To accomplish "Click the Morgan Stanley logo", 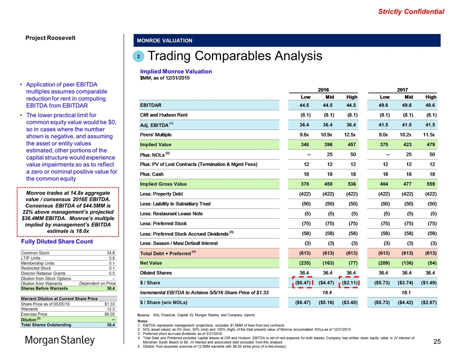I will pos(60,340).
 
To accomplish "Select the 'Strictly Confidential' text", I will pos(411,11).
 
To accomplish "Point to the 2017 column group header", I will pos(402,89).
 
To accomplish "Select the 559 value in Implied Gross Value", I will pos(430,184).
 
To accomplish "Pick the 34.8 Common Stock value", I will pos(111,253).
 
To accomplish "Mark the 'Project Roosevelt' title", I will pos(51,37).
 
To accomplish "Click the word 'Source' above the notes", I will pos(145,315).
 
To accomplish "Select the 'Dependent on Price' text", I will pos(97,283).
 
